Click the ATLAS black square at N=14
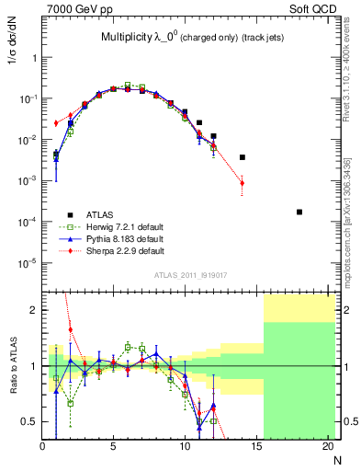(x=243, y=157)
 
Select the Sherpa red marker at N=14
(x=243, y=183)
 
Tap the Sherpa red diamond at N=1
(x=56, y=123)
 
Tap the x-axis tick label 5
(x=113, y=447)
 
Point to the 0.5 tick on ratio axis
(x=29, y=421)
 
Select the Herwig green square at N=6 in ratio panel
(x=128, y=348)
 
